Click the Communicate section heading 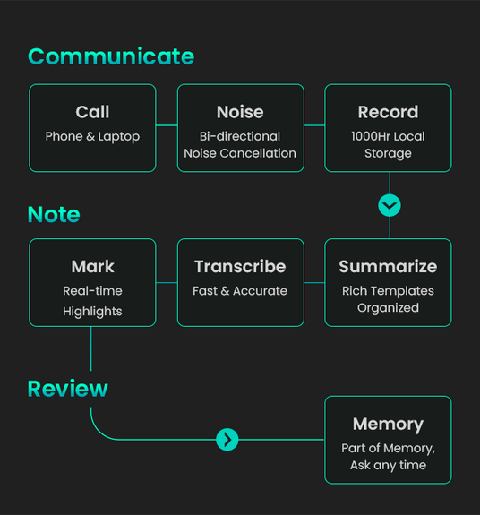coord(111,56)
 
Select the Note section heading coord(54,214)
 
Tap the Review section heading coord(68,389)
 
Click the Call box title coord(92,112)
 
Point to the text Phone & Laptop coord(92,137)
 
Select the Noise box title coord(240,112)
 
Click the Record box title coord(388,112)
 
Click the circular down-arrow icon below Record coord(390,206)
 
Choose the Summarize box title coord(388,266)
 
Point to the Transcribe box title coord(240,266)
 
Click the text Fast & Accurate coord(240,291)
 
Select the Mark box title coord(92,266)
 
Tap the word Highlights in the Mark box coord(92,312)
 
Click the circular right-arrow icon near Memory coord(227,440)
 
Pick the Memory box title coord(388,424)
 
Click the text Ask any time coord(388,466)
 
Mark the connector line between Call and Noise coord(167,125)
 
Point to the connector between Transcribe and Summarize coord(314,282)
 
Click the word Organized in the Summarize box coord(388,308)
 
